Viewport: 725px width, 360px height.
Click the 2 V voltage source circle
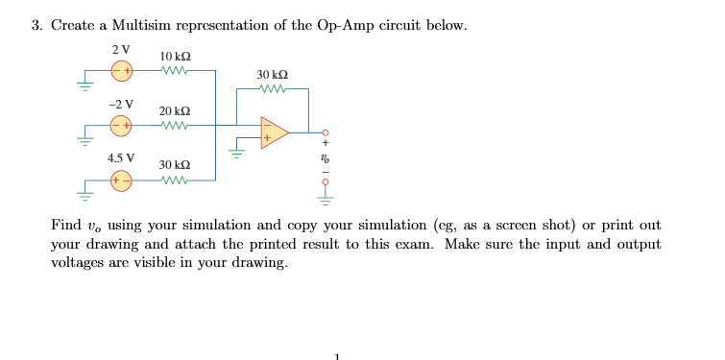click(x=122, y=70)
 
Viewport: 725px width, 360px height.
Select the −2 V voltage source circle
click(x=122, y=125)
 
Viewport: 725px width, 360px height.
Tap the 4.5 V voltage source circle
click(x=122, y=180)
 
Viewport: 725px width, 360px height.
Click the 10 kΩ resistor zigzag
click(x=174, y=70)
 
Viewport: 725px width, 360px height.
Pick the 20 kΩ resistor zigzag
click(x=174, y=125)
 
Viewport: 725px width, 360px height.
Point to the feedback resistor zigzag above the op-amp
click(x=272, y=89)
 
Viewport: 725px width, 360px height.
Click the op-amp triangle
click(x=273, y=132)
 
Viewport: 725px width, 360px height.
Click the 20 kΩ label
click(x=174, y=110)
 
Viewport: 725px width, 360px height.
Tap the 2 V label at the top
click(x=121, y=49)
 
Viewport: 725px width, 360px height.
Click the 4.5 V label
click(x=121, y=157)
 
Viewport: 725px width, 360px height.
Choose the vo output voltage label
click(x=326, y=157)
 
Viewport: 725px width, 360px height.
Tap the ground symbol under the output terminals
click(x=326, y=200)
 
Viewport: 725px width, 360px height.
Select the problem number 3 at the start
click(x=36, y=25)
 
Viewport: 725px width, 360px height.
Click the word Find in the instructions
click(x=66, y=225)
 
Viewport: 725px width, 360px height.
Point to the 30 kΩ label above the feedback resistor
click(x=272, y=74)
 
